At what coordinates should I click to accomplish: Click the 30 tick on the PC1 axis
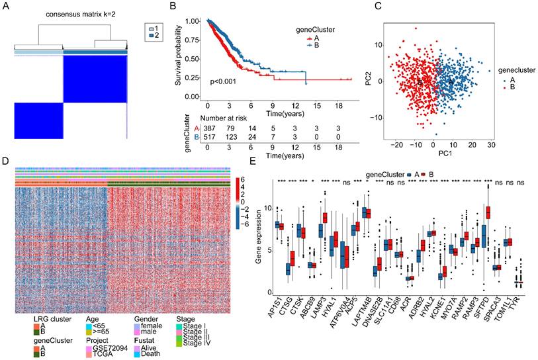pos(488,144)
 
